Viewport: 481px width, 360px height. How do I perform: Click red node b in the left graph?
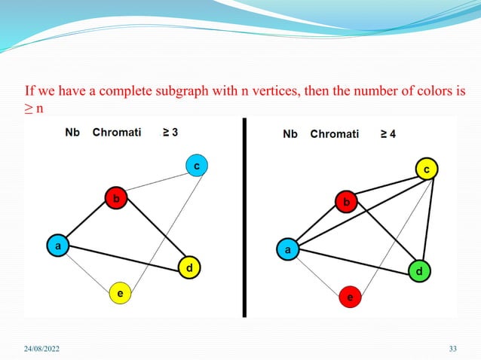click(115, 198)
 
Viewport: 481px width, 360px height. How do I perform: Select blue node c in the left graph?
click(196, 165)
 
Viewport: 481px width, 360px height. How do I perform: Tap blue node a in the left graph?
click(56, 245)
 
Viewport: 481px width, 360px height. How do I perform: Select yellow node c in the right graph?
click(426, 170)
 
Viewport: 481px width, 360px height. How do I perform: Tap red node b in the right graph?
click(346, 203)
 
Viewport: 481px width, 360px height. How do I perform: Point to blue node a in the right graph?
click(286, 249)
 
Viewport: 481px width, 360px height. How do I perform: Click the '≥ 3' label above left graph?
click(170, 133)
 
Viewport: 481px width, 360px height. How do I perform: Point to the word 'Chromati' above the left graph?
click(115, 133)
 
